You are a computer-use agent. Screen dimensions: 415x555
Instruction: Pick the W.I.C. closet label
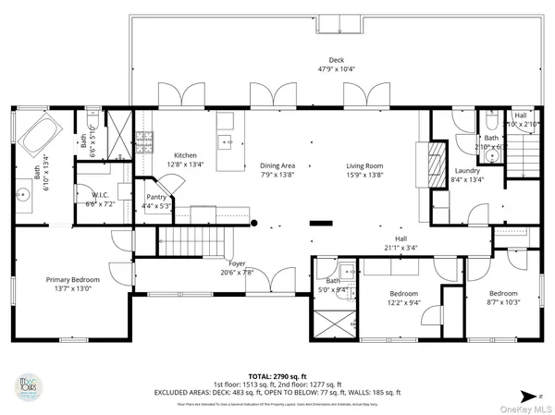(100, 196)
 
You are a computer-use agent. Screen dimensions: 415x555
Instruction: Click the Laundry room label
(467, 170)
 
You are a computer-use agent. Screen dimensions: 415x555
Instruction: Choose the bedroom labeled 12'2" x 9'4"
(403, 298)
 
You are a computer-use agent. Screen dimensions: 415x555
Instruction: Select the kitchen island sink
(224, 141)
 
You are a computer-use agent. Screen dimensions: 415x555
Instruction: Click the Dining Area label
(278, 165)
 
